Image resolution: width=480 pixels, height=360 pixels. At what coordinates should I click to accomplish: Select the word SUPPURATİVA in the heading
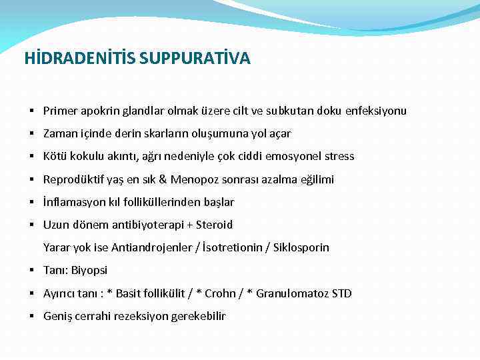195,59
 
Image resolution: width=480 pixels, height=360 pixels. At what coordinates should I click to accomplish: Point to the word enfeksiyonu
376,111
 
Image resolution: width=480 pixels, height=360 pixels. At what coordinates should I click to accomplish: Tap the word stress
340,156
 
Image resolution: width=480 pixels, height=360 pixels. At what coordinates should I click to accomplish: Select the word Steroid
215,225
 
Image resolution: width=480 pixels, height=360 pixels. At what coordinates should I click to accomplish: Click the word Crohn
220,293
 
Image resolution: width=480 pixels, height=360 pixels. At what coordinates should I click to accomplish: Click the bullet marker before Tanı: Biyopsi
32,270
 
